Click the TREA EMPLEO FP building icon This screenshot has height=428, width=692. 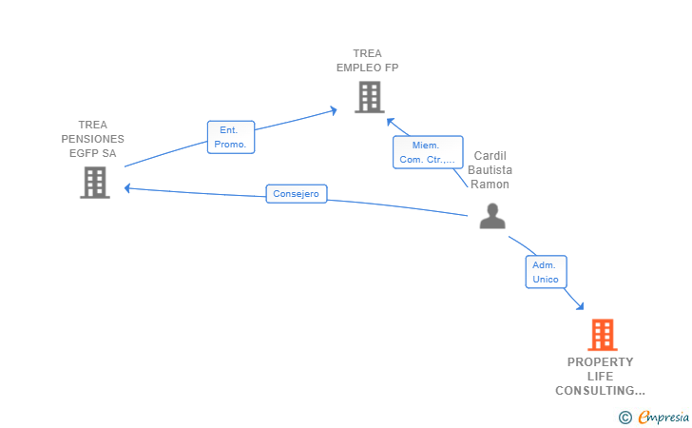coord(370,97)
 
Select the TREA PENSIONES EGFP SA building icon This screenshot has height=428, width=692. coord(95,183)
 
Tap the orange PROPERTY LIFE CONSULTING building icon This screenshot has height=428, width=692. coord(603,335)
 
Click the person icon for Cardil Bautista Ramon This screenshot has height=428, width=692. coord(492,216)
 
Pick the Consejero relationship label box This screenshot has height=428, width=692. coord(297,194)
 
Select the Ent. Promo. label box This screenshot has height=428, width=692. coord(231,137)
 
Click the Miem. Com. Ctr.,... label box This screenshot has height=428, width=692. coord(428,152)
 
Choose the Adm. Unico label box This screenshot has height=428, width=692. coord(546,272)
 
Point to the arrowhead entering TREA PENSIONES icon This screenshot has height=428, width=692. coord(127,188)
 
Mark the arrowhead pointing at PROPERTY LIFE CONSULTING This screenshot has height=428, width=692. coord(580,305)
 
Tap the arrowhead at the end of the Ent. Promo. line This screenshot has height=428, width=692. coord(334,110)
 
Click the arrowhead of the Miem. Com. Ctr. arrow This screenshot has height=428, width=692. coord(390,121)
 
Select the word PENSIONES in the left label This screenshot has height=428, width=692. coord(93,139)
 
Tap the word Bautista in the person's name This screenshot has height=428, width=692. coord(490,170)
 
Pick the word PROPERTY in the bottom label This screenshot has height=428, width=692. coord(600,362)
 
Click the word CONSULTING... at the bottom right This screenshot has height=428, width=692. coord(600,391)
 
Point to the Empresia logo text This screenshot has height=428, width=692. coord(663,418)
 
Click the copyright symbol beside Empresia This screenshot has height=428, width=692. coord(625,418)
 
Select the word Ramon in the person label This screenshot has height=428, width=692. coord(490,185)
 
